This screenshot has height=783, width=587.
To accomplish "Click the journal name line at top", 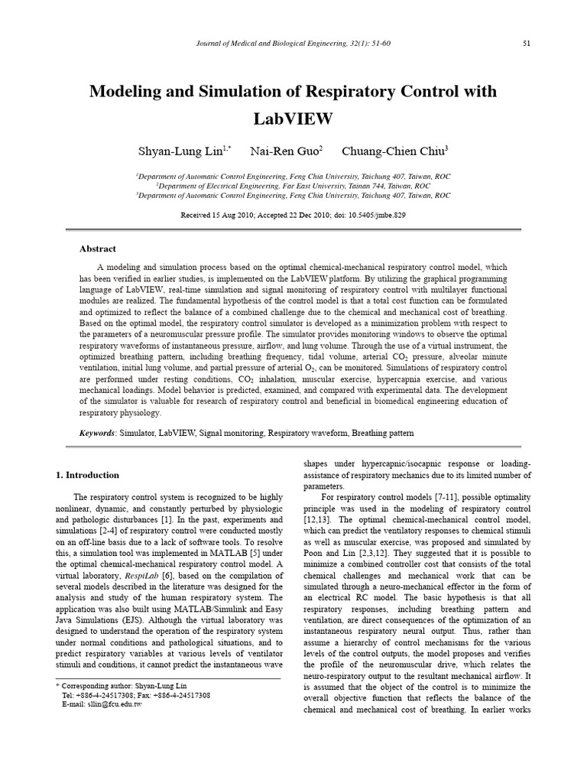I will pyautogui.click(x=293, y=43).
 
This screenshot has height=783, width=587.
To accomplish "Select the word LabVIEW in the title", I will pyautogui.click(x=293, y=119).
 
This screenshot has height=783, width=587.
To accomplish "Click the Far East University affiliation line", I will pyautogui.click(x=293, y=186).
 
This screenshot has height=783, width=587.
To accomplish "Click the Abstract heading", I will pyautogui.click(x=98, y=249).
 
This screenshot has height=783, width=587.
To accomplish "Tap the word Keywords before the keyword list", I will pyautogui.click(x=97, y=433).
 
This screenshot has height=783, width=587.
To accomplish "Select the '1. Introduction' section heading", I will pyautogui.click(x=88, y=475).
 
